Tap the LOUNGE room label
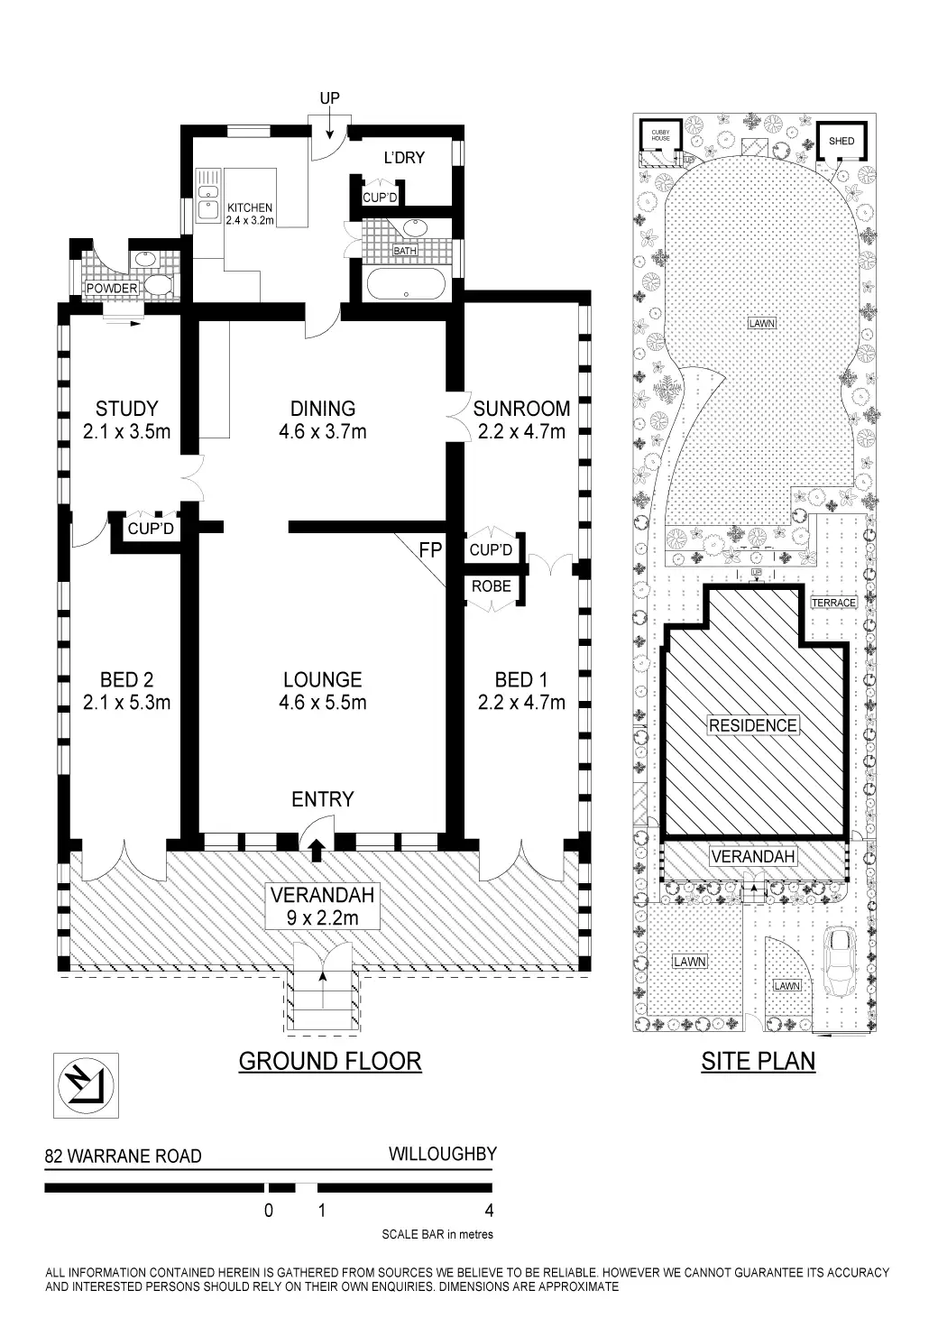point(322,679)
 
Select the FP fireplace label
point(430,550)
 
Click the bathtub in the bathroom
point(406,285)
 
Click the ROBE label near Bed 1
point(491,586)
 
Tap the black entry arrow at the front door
point(317,850)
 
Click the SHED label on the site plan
point(841,141)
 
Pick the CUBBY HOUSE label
point(660,135)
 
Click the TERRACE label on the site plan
point(833,603)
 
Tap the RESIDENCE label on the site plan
point(752,725)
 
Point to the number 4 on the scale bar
point(489,1211)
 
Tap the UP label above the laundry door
point(330,98)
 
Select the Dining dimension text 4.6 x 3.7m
point(322,431)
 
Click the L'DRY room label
point(404,158)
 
